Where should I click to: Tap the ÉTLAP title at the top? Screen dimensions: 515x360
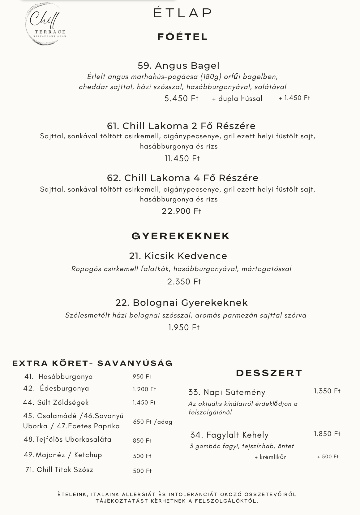[182, 13]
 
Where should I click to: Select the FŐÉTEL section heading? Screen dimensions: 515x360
[182, 37]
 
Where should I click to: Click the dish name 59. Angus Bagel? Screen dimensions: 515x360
[178, 66]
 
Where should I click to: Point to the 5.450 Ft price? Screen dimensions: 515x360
[181, 98]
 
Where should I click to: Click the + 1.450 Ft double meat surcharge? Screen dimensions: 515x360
[294, 98]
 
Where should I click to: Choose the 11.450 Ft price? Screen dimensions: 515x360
[182, 158]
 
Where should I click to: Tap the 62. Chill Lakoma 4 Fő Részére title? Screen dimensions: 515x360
[182, 178]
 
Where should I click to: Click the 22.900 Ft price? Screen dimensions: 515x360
[182, 211]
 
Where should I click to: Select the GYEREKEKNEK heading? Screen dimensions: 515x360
[181, 236]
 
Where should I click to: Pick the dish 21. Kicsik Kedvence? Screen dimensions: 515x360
[178, 256]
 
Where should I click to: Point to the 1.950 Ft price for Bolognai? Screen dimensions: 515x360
[184, 327]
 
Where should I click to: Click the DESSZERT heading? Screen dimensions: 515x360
[269, 373]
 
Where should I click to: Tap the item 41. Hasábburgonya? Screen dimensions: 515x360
[59, 377]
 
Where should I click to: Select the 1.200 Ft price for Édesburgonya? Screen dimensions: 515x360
[144, 389]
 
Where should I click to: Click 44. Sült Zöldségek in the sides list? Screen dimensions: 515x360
[56, 403]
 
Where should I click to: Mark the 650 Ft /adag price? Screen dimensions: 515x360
[152, 422]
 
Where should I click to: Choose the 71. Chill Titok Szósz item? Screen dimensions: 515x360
[59, 470]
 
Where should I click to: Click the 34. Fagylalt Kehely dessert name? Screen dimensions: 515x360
[229, 435]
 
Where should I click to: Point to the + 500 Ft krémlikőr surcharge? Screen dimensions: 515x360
[328, 457]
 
